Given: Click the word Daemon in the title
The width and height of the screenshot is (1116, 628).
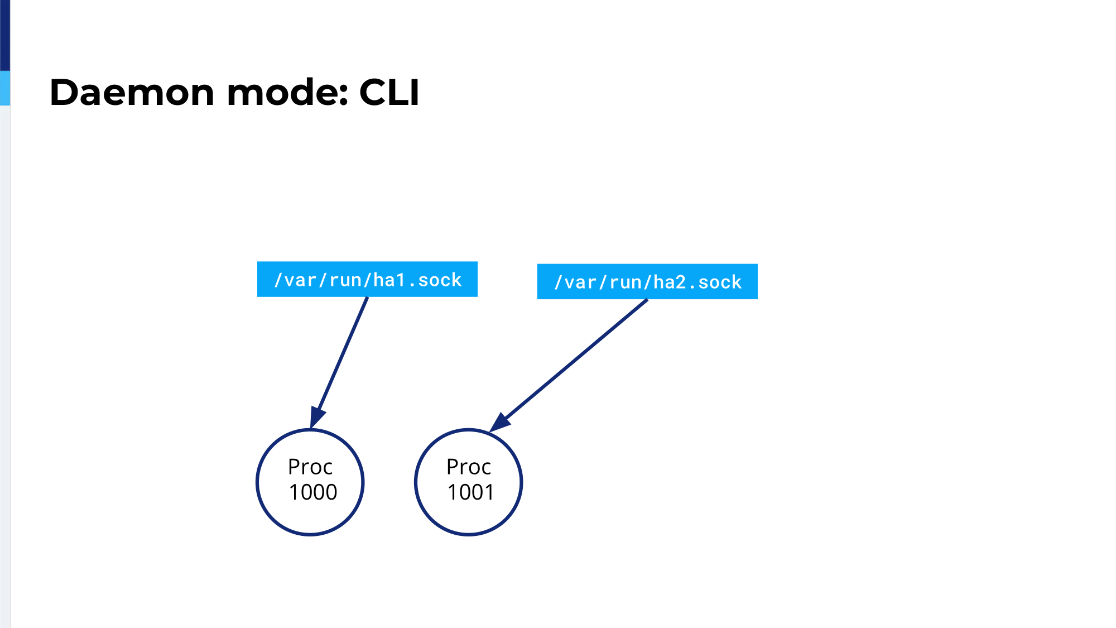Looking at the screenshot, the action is [x=132, y=92].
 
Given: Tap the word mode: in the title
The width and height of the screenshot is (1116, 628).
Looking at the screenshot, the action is [x=288, y=92].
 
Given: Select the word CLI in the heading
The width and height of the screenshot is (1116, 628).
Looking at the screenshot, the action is [x=389, y=92].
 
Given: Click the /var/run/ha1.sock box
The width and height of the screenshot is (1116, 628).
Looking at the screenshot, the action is [x=367, y=279].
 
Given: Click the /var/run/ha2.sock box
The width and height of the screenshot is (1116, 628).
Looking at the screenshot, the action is [x=647, y=281].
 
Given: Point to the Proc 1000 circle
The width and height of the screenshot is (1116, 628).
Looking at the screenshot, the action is [x=257, y=482].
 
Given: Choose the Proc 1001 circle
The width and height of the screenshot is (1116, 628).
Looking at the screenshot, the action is [x=415, y=482].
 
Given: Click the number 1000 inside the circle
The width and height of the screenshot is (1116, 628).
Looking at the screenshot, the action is [x=313, y=492].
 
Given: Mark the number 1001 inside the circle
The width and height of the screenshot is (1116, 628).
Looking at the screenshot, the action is [x=471, y=492].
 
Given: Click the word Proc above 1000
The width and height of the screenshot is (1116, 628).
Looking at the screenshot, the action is [x=310, y=467].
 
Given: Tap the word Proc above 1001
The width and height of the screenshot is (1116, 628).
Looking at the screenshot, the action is [x=469, y=467].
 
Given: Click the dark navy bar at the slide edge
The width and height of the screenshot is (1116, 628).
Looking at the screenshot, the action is [x=5, y=35].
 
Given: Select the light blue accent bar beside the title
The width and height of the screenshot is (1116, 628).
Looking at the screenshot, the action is [x=5, y=88].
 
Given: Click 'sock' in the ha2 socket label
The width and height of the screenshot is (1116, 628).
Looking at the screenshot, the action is [x=720, y=282].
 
